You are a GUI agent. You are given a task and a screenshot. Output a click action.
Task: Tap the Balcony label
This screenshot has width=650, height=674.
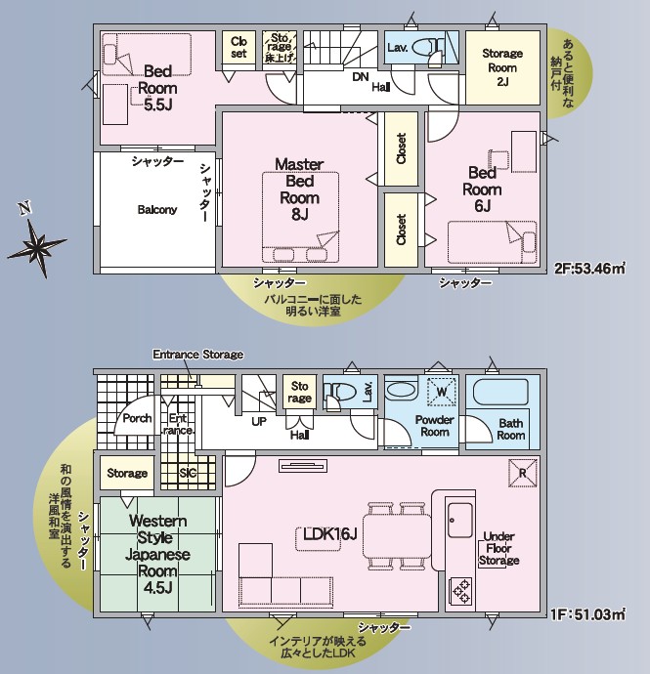[157, 209]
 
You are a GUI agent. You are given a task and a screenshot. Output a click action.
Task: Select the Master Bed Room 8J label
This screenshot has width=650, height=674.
[299, 190]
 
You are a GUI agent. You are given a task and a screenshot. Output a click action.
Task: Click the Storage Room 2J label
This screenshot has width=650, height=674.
[502, 67]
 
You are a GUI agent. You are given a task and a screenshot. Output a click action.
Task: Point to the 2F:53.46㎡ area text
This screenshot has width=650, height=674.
[589, 269]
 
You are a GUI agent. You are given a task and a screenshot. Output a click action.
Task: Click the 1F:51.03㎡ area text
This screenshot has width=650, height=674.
[587, 614]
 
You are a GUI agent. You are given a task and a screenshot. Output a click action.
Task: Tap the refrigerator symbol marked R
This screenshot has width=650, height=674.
[523, 473]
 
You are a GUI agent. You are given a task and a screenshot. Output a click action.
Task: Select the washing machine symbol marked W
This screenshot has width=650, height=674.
[442, 392]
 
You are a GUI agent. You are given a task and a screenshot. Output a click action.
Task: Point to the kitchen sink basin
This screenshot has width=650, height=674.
[459, 521]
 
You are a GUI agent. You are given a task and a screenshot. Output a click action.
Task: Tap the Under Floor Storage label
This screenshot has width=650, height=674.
[499, 549]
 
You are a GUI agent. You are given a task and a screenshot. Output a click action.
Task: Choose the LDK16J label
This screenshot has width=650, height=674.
[330, 534]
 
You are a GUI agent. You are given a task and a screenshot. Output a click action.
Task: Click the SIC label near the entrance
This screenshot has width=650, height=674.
[188, 473]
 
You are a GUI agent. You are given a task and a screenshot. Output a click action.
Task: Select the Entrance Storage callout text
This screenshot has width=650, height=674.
[197, 355]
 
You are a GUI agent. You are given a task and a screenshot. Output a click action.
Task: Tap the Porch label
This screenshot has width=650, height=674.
[137, 418]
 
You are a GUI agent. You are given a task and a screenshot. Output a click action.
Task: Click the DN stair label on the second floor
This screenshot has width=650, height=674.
[361, 77]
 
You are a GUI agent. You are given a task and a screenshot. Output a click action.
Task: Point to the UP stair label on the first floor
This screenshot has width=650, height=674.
[259, 422]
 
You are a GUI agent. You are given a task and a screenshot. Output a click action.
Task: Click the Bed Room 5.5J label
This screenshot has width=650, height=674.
[157, 88]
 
